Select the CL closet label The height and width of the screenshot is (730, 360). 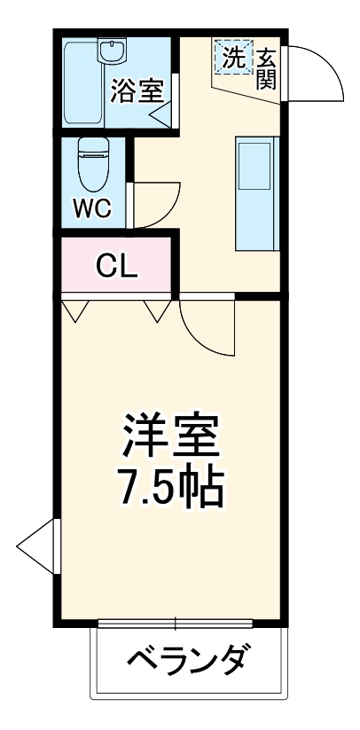pyautogui.click(x=117, y=266)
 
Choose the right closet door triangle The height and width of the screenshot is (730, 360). pyautogui.click(x=158, y=310)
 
